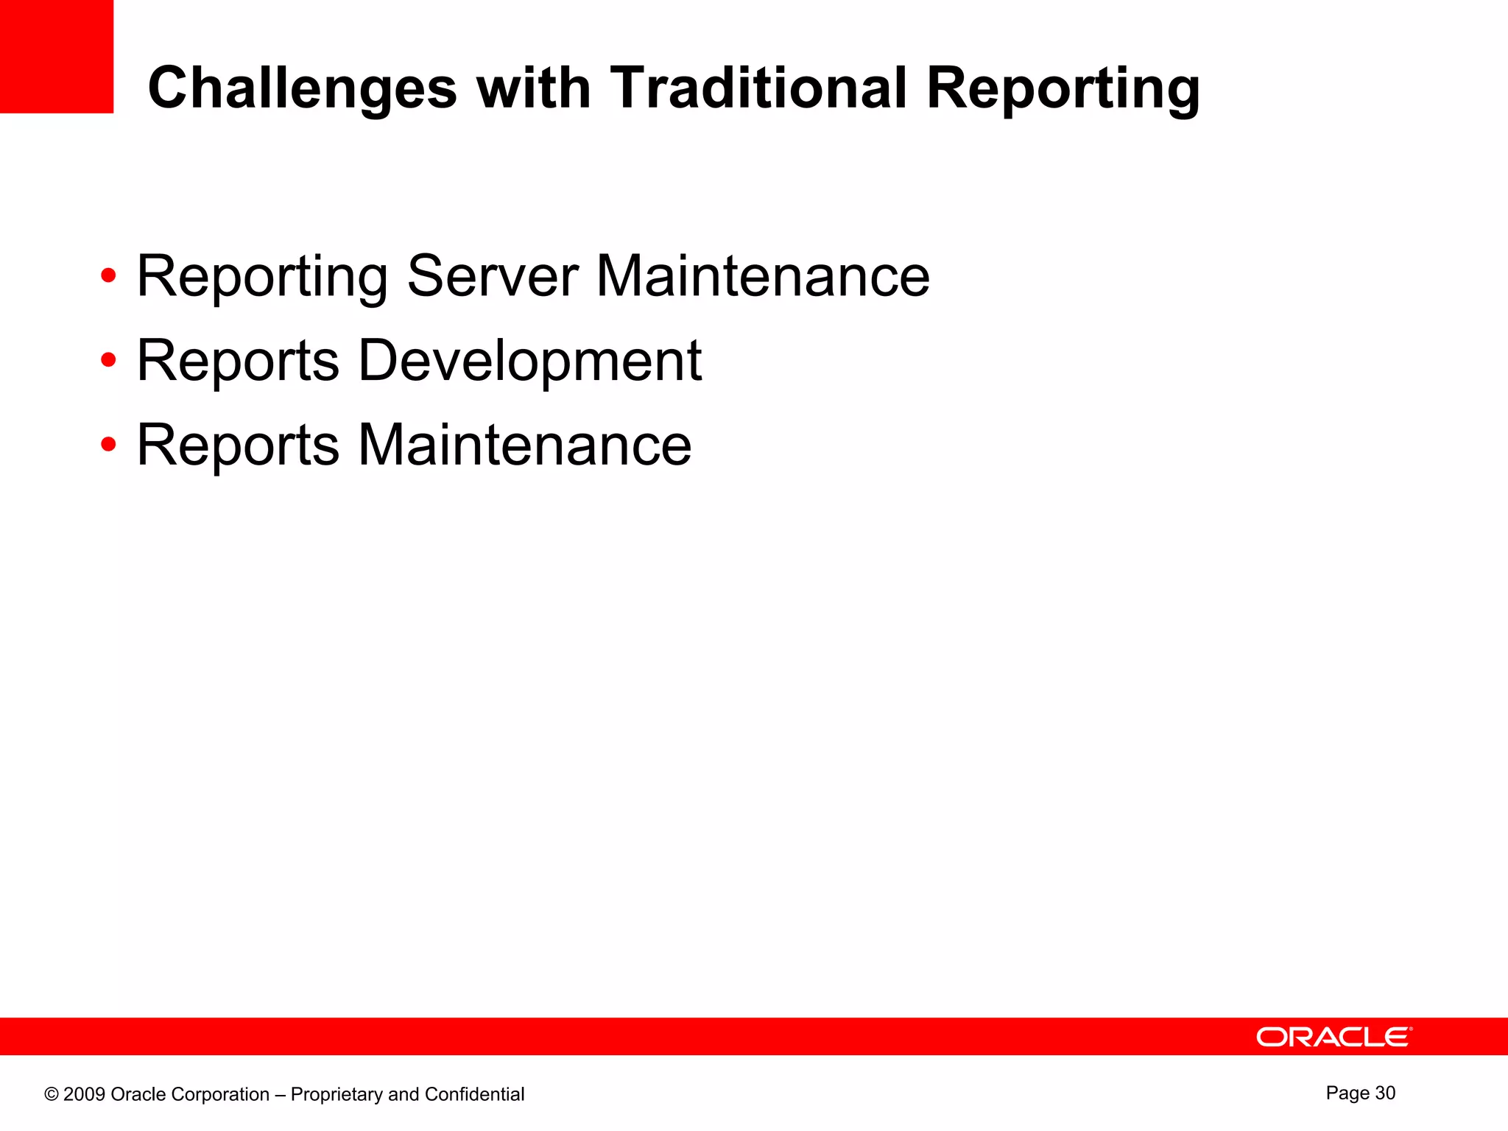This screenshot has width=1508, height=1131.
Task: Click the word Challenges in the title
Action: pos(302,88)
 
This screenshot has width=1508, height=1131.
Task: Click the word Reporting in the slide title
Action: pos(1063,88)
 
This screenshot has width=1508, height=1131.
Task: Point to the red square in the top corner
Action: pos(56,56)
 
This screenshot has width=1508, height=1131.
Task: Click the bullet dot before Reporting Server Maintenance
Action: pos(108,276)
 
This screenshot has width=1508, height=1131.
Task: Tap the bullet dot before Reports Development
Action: pos(108,361)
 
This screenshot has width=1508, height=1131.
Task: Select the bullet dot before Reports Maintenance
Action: pos(108,445)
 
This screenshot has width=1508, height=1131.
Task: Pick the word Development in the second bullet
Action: pos(529,361)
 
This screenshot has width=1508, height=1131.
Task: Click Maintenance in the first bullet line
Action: pos(763,276)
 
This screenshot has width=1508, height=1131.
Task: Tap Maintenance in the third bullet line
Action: pos(524,445)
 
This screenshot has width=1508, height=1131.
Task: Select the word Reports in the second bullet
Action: pos(238,361)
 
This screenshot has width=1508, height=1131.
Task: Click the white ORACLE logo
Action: pos(1333,1037)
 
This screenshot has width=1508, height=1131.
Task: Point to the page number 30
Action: pos(1384,1093)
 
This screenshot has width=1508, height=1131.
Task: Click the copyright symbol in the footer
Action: pos(51,1094)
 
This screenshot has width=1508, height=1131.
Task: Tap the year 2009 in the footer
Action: pos(84,1094)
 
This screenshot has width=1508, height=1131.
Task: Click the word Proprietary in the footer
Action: pos(337,1095)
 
